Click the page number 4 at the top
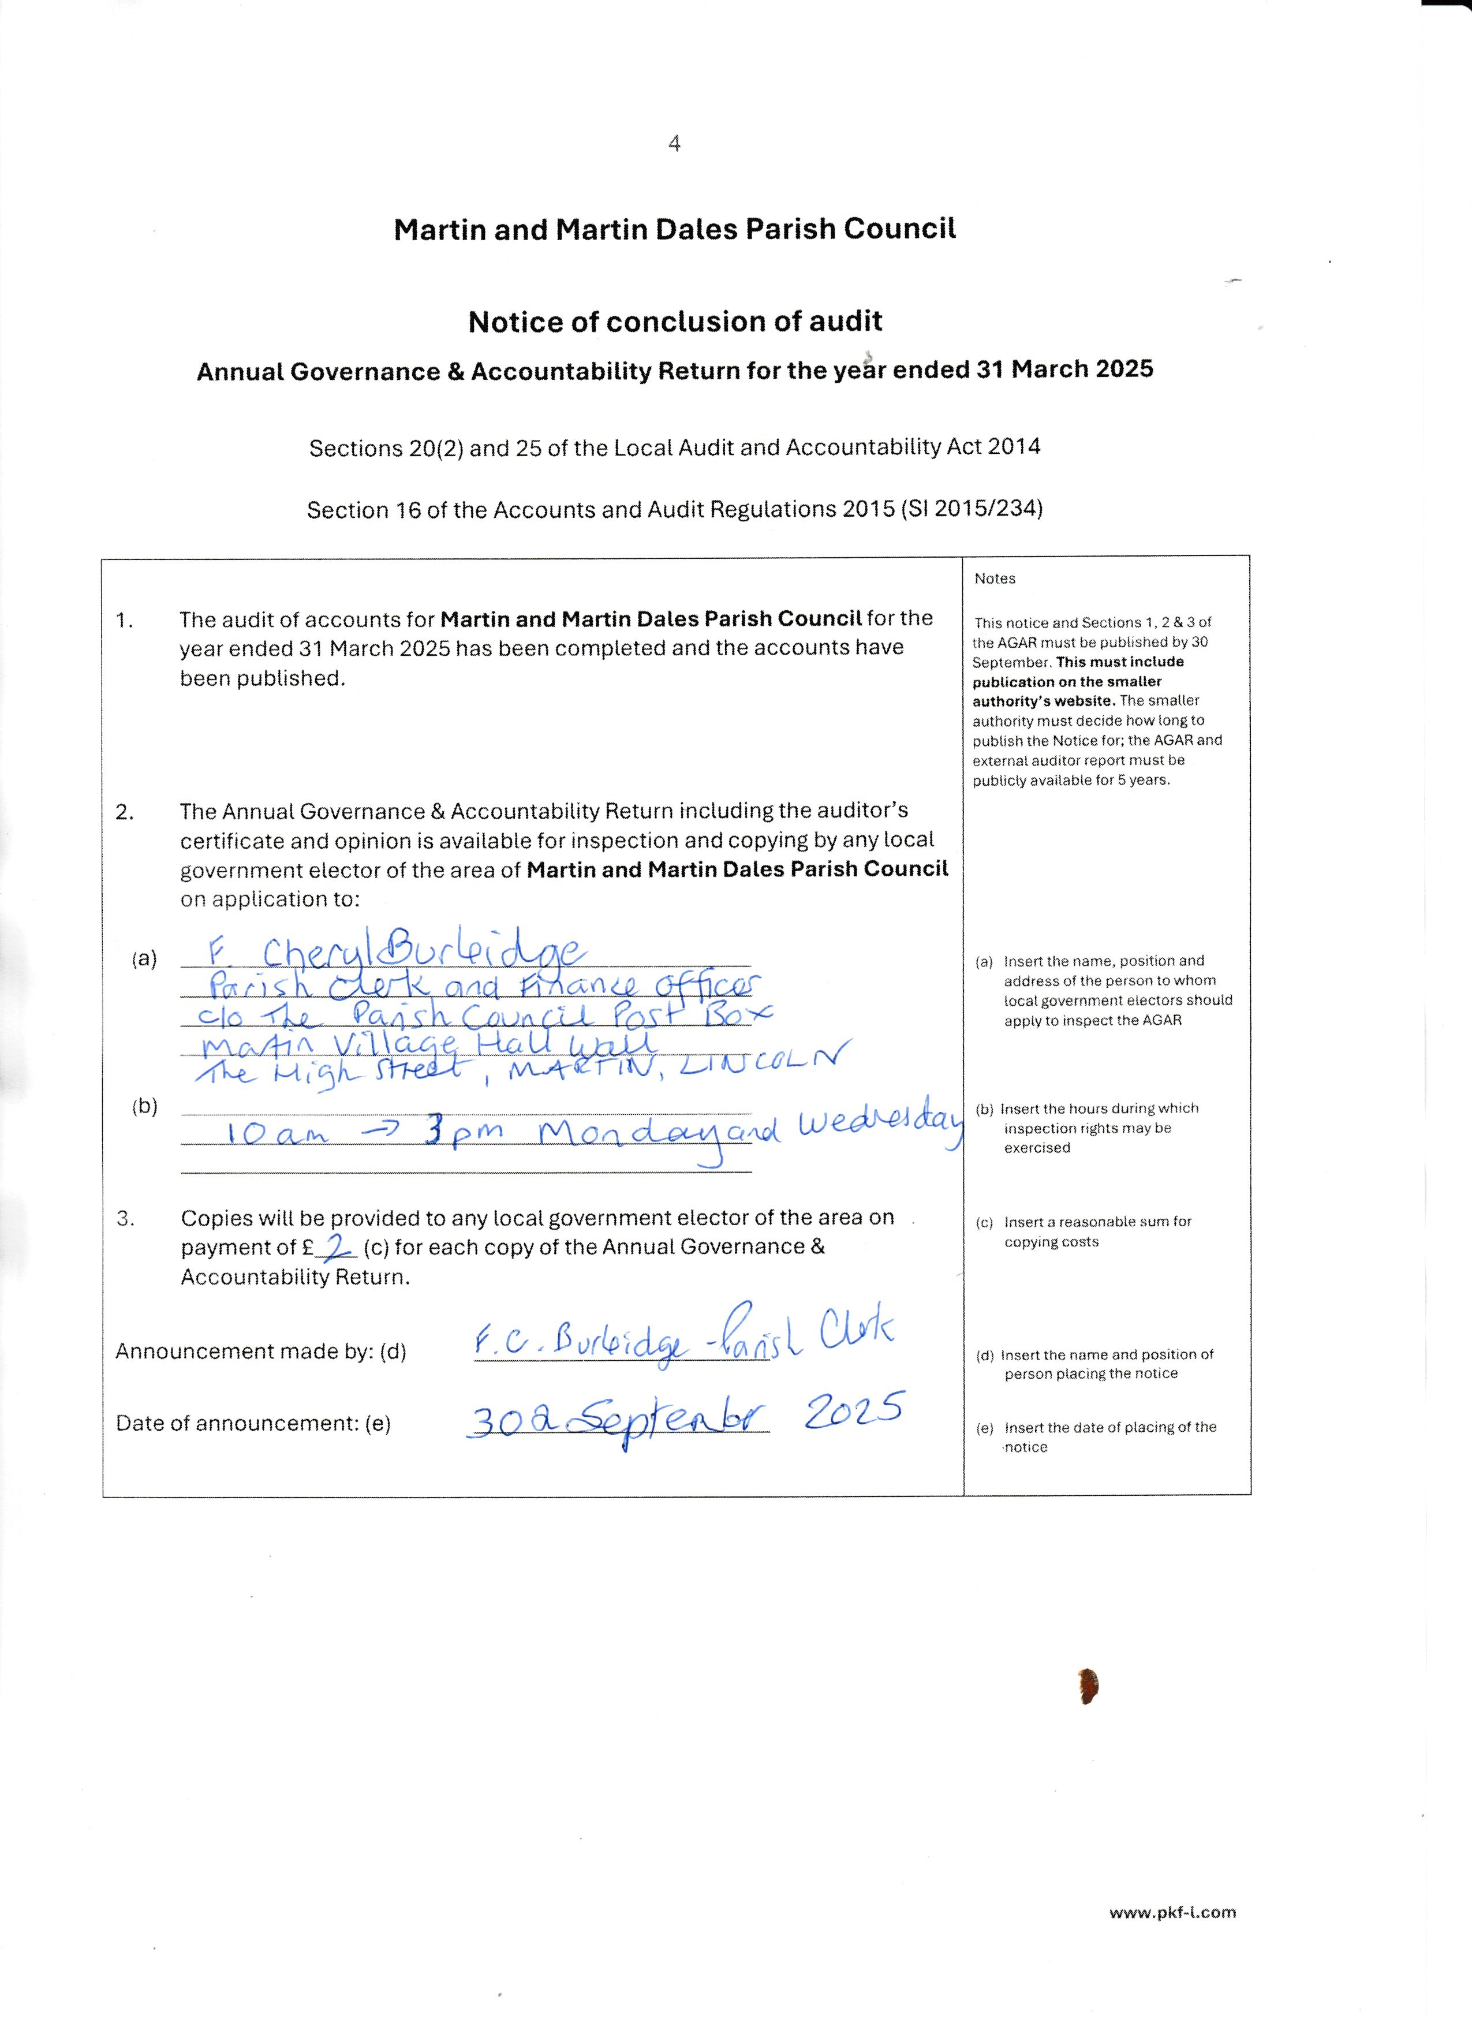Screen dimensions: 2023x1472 pyautogui.click(x=674, y=144)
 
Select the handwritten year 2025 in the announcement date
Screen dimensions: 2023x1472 pyautogui.click(x=854, y=1412)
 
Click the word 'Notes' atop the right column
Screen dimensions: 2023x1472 pyautogui.click(x=995, y=579)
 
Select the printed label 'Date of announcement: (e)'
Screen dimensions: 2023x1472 pyautogui.click(x=253, y=1424)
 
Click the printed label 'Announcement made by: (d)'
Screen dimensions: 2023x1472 pyautogui.click(x=260, y=1352)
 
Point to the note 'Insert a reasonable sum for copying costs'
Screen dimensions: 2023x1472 pyautogui.click(x=1097, y=1232)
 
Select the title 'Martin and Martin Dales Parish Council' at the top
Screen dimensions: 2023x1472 pyautogui.click(x=675, y=229)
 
